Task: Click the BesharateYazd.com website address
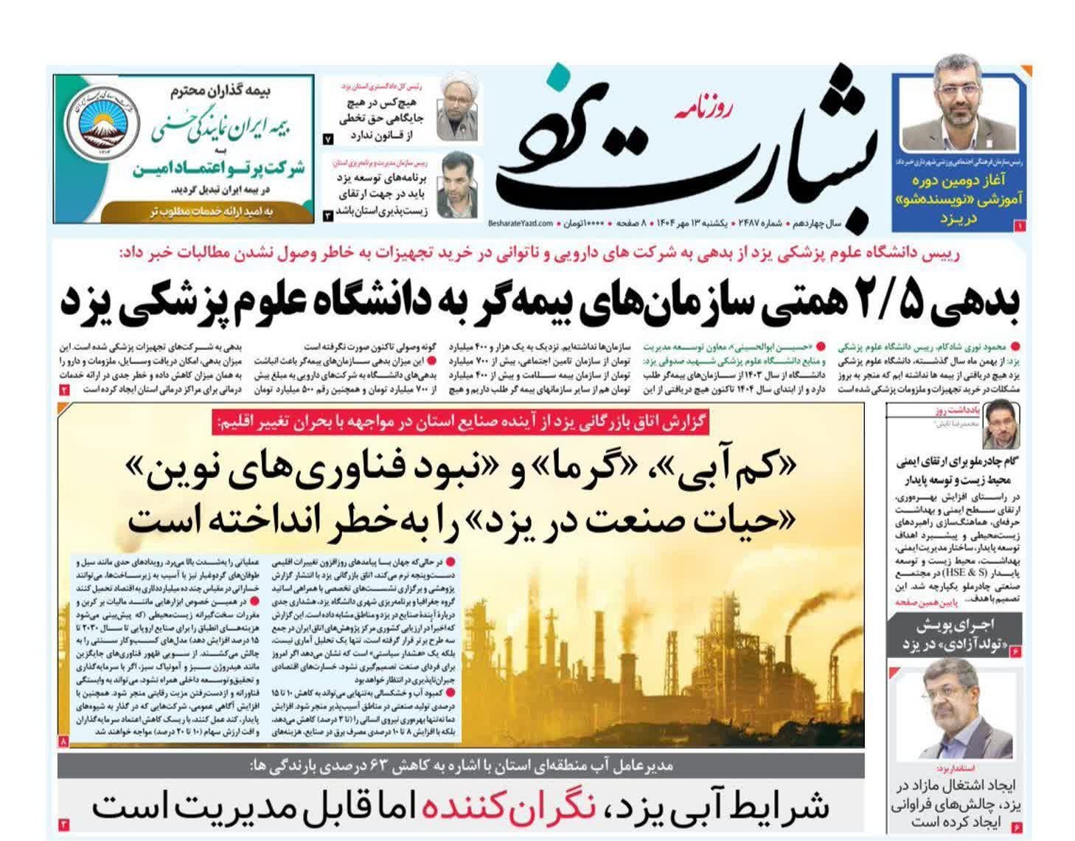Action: (520, 222)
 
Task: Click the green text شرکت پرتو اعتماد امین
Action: (220, 169)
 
